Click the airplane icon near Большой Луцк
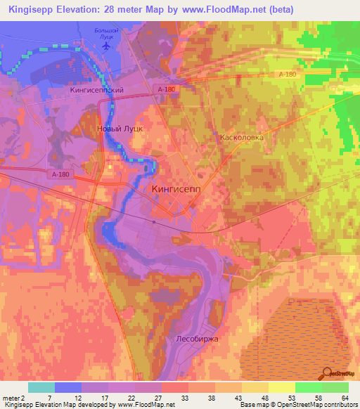106,45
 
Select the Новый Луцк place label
120,129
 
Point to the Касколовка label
242,138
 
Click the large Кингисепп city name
180,189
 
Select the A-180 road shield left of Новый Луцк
60,174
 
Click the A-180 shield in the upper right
286,74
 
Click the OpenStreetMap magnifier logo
328,374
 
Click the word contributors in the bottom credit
338,405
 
